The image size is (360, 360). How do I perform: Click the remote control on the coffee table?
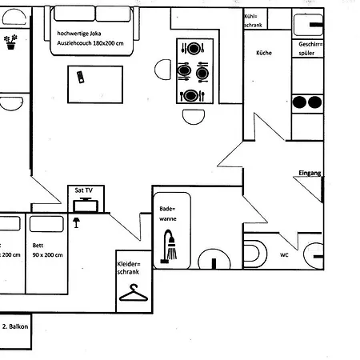[x=80, y=77]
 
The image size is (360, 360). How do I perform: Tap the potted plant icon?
[x=11, y=42]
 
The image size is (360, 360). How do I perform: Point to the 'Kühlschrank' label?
[x=254, y=20]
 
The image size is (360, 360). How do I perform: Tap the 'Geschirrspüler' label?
[x=310, y=49]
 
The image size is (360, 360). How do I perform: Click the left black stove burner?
[x=301, y=102]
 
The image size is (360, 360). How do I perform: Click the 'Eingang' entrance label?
[x=309, y=173]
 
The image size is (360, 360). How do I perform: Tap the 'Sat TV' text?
[x=84, y=190]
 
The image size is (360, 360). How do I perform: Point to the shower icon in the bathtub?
[x=170, y=246]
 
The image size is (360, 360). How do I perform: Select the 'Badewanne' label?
[x=167, y=212]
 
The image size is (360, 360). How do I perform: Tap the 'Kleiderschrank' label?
[x=129, y=268]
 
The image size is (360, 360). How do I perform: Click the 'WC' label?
[x=284, y=256]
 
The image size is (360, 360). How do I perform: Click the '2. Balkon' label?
[x=16, y=326]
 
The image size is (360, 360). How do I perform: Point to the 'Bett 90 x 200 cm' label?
[x=47, y=250]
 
